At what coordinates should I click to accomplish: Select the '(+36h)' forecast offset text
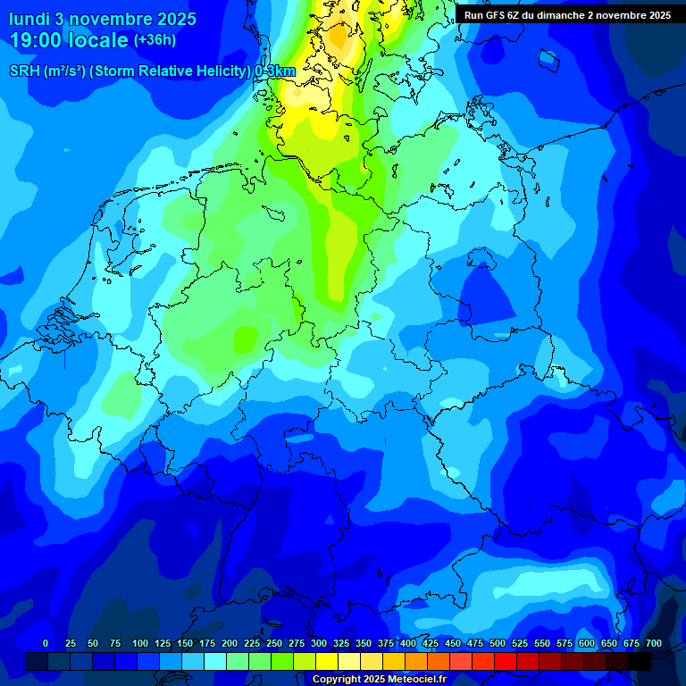point(155,40)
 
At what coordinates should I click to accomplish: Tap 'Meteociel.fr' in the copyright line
point(416,680)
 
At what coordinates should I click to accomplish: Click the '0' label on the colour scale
point(46,643)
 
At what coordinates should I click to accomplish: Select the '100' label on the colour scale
point(140,643)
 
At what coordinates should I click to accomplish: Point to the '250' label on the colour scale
point(274,643)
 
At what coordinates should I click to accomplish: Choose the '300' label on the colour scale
point(319,643)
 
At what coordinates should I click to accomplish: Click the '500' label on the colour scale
point(498,643)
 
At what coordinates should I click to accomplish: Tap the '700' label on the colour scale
point(654,643)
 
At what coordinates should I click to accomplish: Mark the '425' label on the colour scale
point(431,643)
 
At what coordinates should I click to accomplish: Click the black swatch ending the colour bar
point(640,661)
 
